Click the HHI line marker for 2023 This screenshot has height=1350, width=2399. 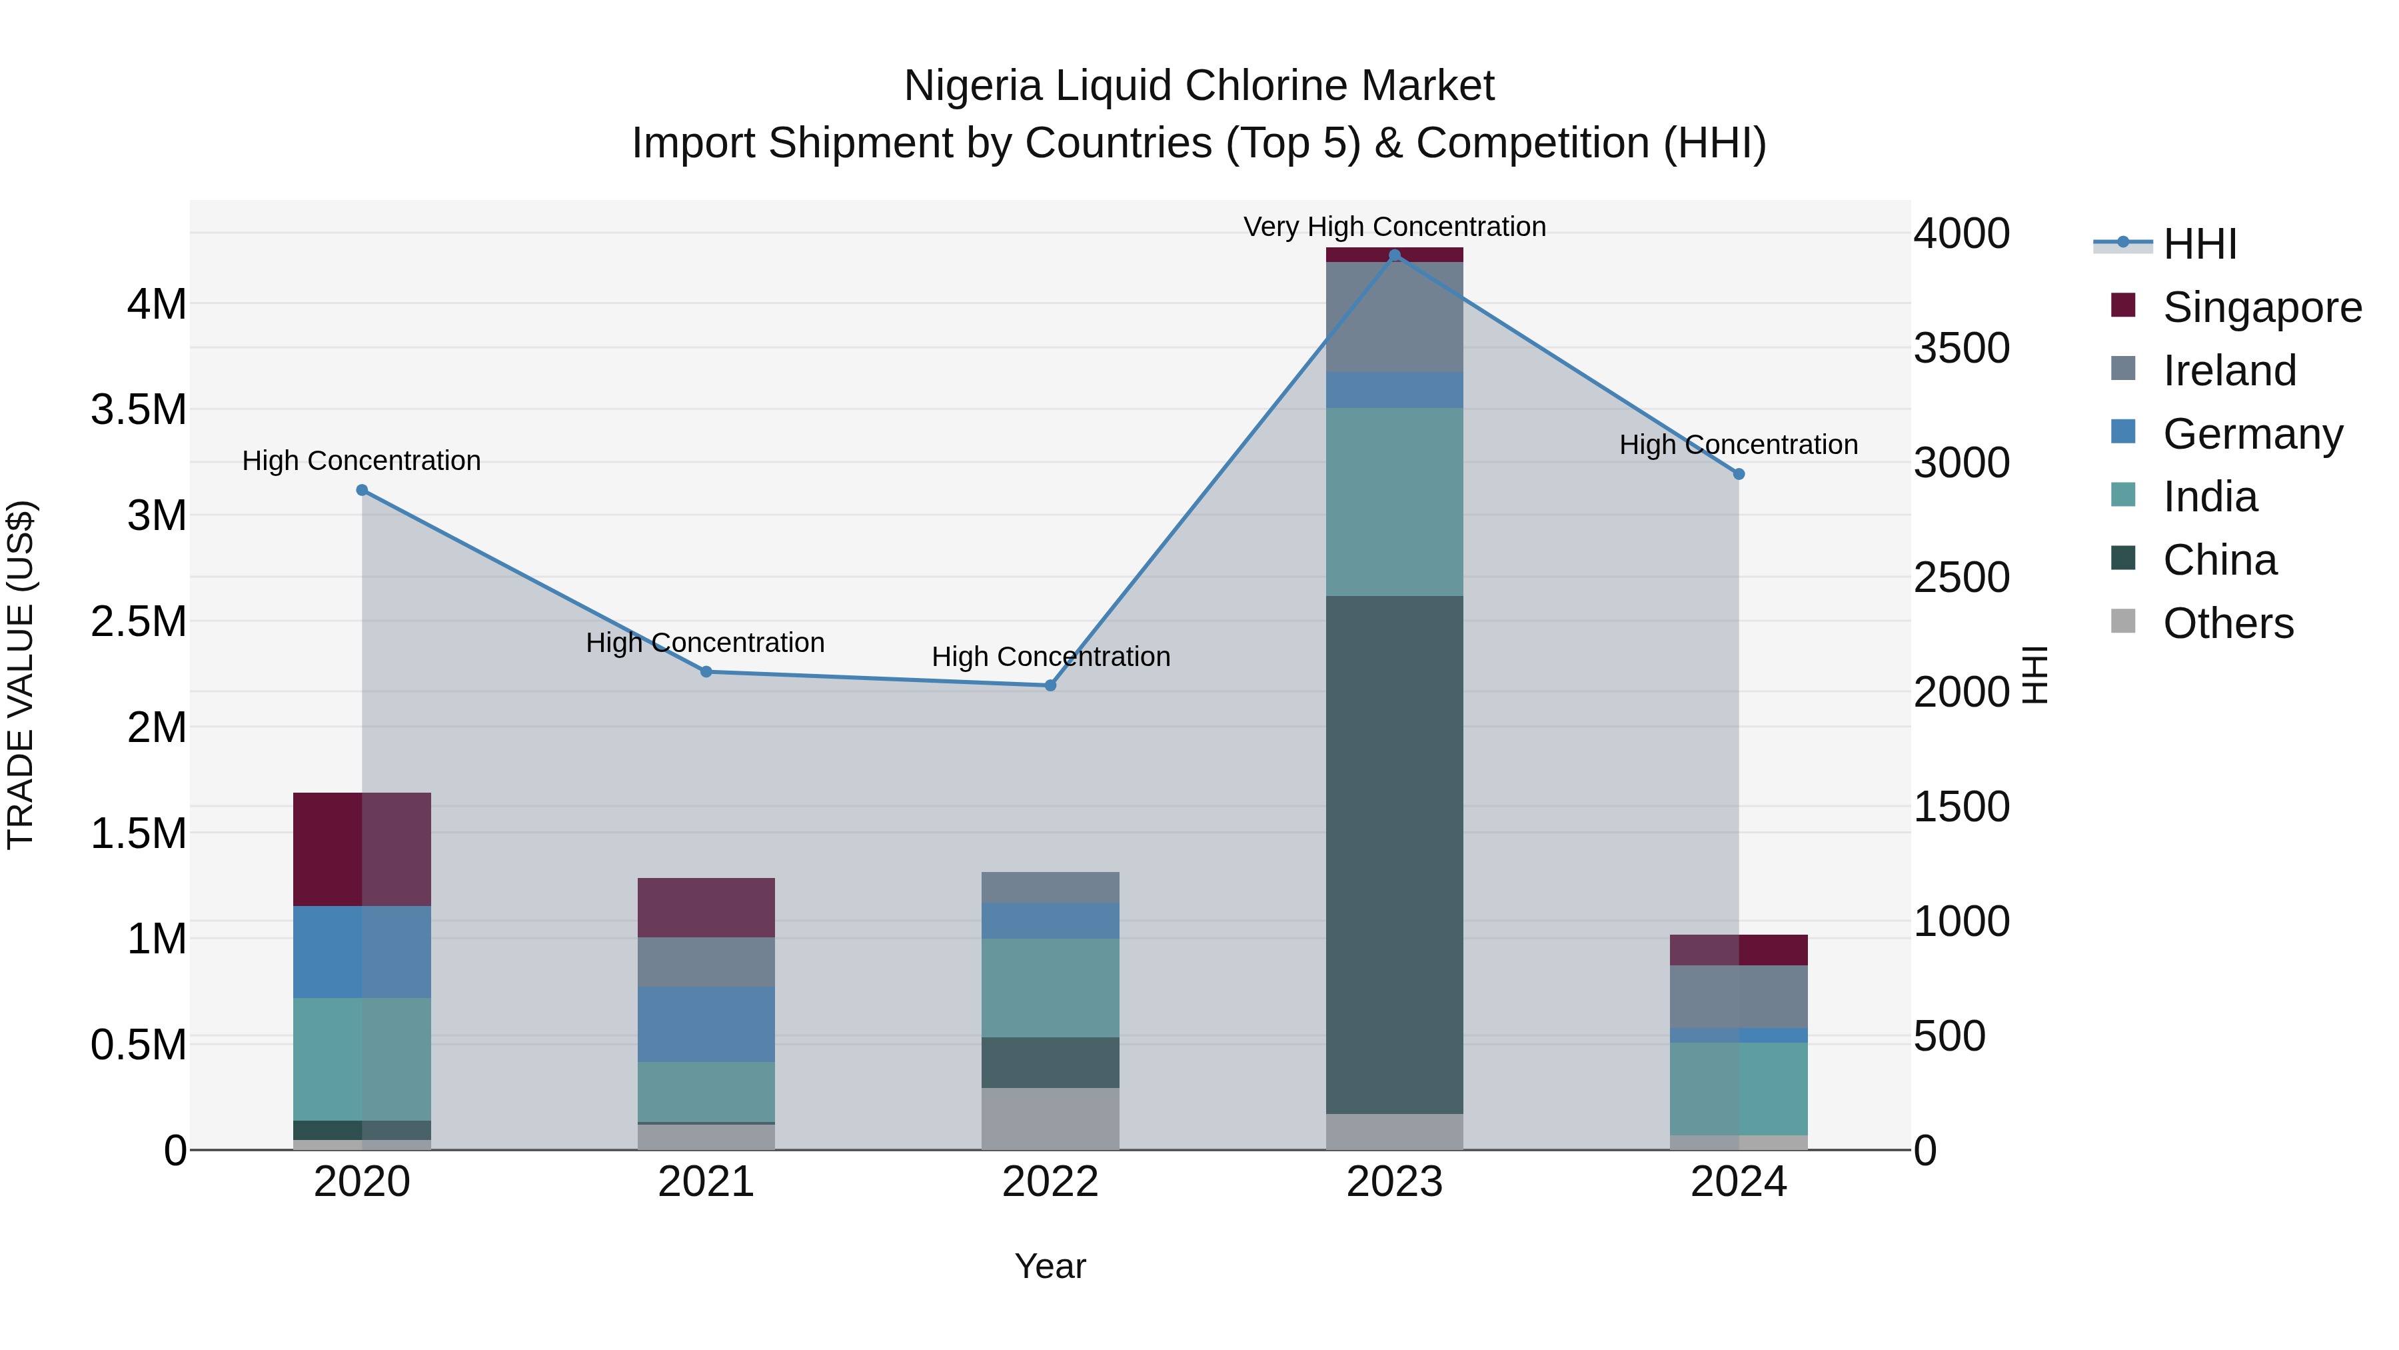(x=1394, y=255)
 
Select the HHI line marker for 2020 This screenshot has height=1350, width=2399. (x=363, y=490)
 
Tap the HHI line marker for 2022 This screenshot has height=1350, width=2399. (x=1050, y=686)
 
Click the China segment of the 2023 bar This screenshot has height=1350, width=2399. (x=1394, y=855)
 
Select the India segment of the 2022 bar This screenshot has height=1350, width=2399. (x=1050, y=987)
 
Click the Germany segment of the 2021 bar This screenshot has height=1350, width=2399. (x=706, y=1024)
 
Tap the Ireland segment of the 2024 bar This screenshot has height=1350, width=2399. (x=1739, y=996)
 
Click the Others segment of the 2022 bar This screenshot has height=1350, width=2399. (x=1050, y=1118)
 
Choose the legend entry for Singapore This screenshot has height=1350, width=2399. (x=2261, y=307)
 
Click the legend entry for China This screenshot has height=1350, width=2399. (x=2218, y=560)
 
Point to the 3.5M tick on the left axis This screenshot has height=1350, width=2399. (x=139, y=410)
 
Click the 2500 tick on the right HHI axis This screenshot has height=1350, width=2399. (x=1961, y=577)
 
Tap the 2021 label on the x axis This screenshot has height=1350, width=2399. (x=706, y=1182)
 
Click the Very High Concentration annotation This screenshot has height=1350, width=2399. (x=1394, y=227)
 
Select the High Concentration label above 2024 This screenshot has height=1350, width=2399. (x=1739, y=445)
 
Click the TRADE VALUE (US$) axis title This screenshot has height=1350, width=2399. (x=21, y=675)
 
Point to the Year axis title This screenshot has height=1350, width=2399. (x=1050, y=1266)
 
